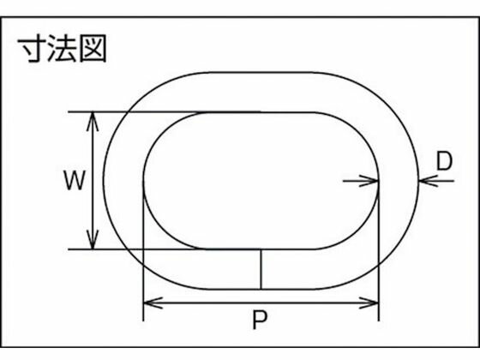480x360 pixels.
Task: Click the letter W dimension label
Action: [74, 180]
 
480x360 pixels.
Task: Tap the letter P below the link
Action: [260, 320]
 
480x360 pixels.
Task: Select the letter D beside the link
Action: [444, 161]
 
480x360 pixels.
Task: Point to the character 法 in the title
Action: [63, 48]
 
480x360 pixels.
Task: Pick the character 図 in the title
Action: [93, 48]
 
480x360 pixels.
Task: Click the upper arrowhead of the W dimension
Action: [93, 122]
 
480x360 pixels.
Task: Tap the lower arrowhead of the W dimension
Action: [93, 240]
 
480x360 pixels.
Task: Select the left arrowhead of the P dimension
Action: [153, 303]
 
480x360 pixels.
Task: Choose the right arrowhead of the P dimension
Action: [369, 303]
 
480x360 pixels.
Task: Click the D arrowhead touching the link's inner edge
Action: [369, 181]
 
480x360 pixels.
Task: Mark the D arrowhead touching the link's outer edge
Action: [428, 181]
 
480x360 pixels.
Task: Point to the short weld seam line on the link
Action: [261, 269]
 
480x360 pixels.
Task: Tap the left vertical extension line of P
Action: [143, 251]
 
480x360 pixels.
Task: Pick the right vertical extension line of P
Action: [379, 251]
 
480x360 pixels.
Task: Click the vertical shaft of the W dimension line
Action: [93, 181]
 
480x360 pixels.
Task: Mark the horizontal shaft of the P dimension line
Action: [261, 303]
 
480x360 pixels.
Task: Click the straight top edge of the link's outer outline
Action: [261, 73]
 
